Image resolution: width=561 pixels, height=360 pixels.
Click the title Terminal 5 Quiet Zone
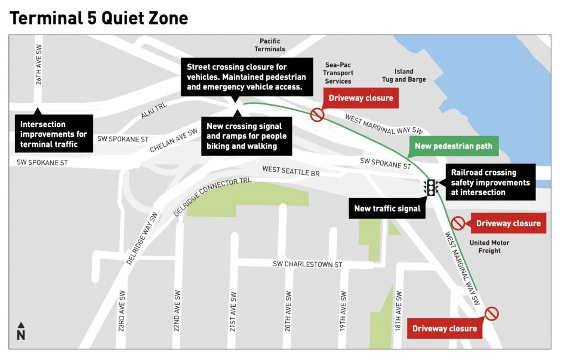pos(98,18)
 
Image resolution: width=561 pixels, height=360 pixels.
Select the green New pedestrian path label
pos(453,146)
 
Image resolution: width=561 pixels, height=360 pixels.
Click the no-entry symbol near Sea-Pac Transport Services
pos(317,114)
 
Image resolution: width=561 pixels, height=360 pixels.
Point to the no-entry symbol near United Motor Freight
pos(458,223)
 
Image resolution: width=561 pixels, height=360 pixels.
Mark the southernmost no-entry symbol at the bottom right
pos(491,313)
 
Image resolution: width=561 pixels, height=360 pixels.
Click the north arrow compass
pos(21,331)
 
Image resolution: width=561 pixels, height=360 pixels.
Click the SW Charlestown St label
pos(307,264)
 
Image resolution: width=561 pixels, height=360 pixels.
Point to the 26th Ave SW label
pos(38,65)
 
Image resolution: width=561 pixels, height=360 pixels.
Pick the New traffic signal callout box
pos(387,208)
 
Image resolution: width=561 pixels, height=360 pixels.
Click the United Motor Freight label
pos(489,247)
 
